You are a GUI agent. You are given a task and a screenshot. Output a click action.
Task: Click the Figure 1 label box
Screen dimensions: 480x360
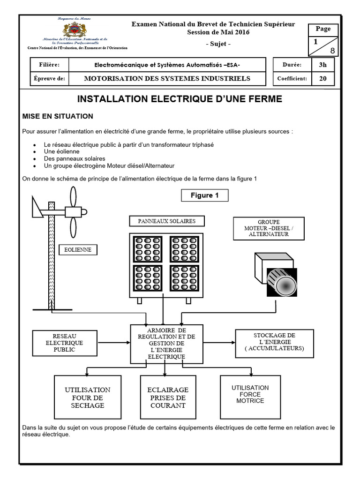[204, 195]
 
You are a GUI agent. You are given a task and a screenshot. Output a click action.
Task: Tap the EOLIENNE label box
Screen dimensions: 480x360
[78, 250]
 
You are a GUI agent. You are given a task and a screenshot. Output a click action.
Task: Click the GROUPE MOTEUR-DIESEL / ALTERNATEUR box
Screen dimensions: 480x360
[269, 228]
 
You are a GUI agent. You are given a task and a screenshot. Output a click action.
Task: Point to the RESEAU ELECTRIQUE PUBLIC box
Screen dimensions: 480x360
[64, 343]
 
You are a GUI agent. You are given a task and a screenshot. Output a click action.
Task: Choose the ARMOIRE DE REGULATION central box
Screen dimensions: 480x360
[166, 344]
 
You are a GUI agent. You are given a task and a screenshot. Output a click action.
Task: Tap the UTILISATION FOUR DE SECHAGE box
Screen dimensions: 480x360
[88, 397]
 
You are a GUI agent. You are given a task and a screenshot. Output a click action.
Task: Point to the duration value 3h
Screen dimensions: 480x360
[322, 65]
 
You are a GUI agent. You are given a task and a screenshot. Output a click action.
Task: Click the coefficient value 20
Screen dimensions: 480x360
[322, 78]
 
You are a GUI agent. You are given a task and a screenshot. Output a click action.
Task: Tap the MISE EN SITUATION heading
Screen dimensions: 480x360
[58, 116]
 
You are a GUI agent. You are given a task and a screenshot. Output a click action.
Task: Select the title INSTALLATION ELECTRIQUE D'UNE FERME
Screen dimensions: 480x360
[180, 99]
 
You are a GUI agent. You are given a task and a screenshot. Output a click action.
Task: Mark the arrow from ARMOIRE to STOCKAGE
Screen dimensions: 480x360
[219, 343]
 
